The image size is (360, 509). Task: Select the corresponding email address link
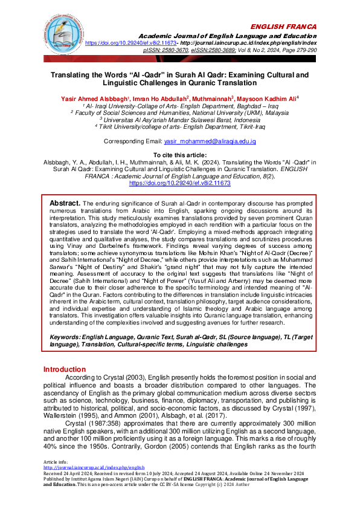tap(210, 141)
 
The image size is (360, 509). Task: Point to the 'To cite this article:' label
tap(179, 155)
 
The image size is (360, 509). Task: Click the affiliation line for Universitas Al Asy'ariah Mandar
tap(179, 119)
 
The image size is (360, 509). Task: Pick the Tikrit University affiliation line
tap(179, 126)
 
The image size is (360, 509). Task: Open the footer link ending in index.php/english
tap(94, 484)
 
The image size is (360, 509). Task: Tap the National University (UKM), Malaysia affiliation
tap(179, 112)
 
